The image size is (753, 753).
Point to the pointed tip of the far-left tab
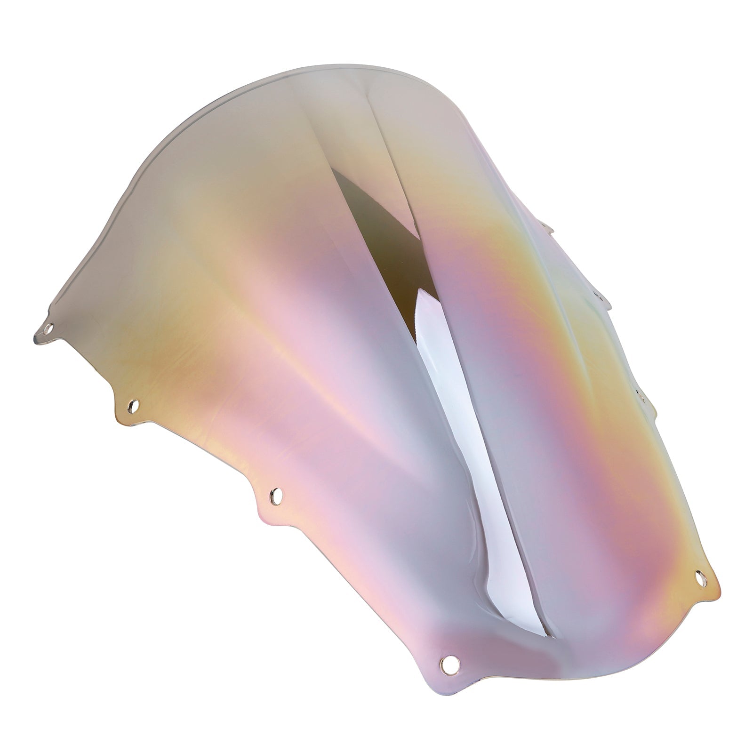36,337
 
